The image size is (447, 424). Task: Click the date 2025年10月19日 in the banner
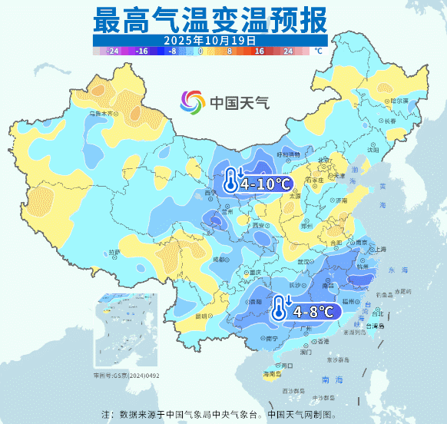[x=209, y=38]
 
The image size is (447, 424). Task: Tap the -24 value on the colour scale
[x=112, y=51]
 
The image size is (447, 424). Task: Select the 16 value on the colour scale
[x=260, y=51]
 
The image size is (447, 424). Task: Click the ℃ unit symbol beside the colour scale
[x=317, y=51]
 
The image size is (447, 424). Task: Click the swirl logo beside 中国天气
[x=193, y=101]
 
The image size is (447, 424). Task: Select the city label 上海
[x=378, y=249]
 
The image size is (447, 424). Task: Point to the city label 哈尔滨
[x=399, y=101]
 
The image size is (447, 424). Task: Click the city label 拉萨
[x=114, y=252]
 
